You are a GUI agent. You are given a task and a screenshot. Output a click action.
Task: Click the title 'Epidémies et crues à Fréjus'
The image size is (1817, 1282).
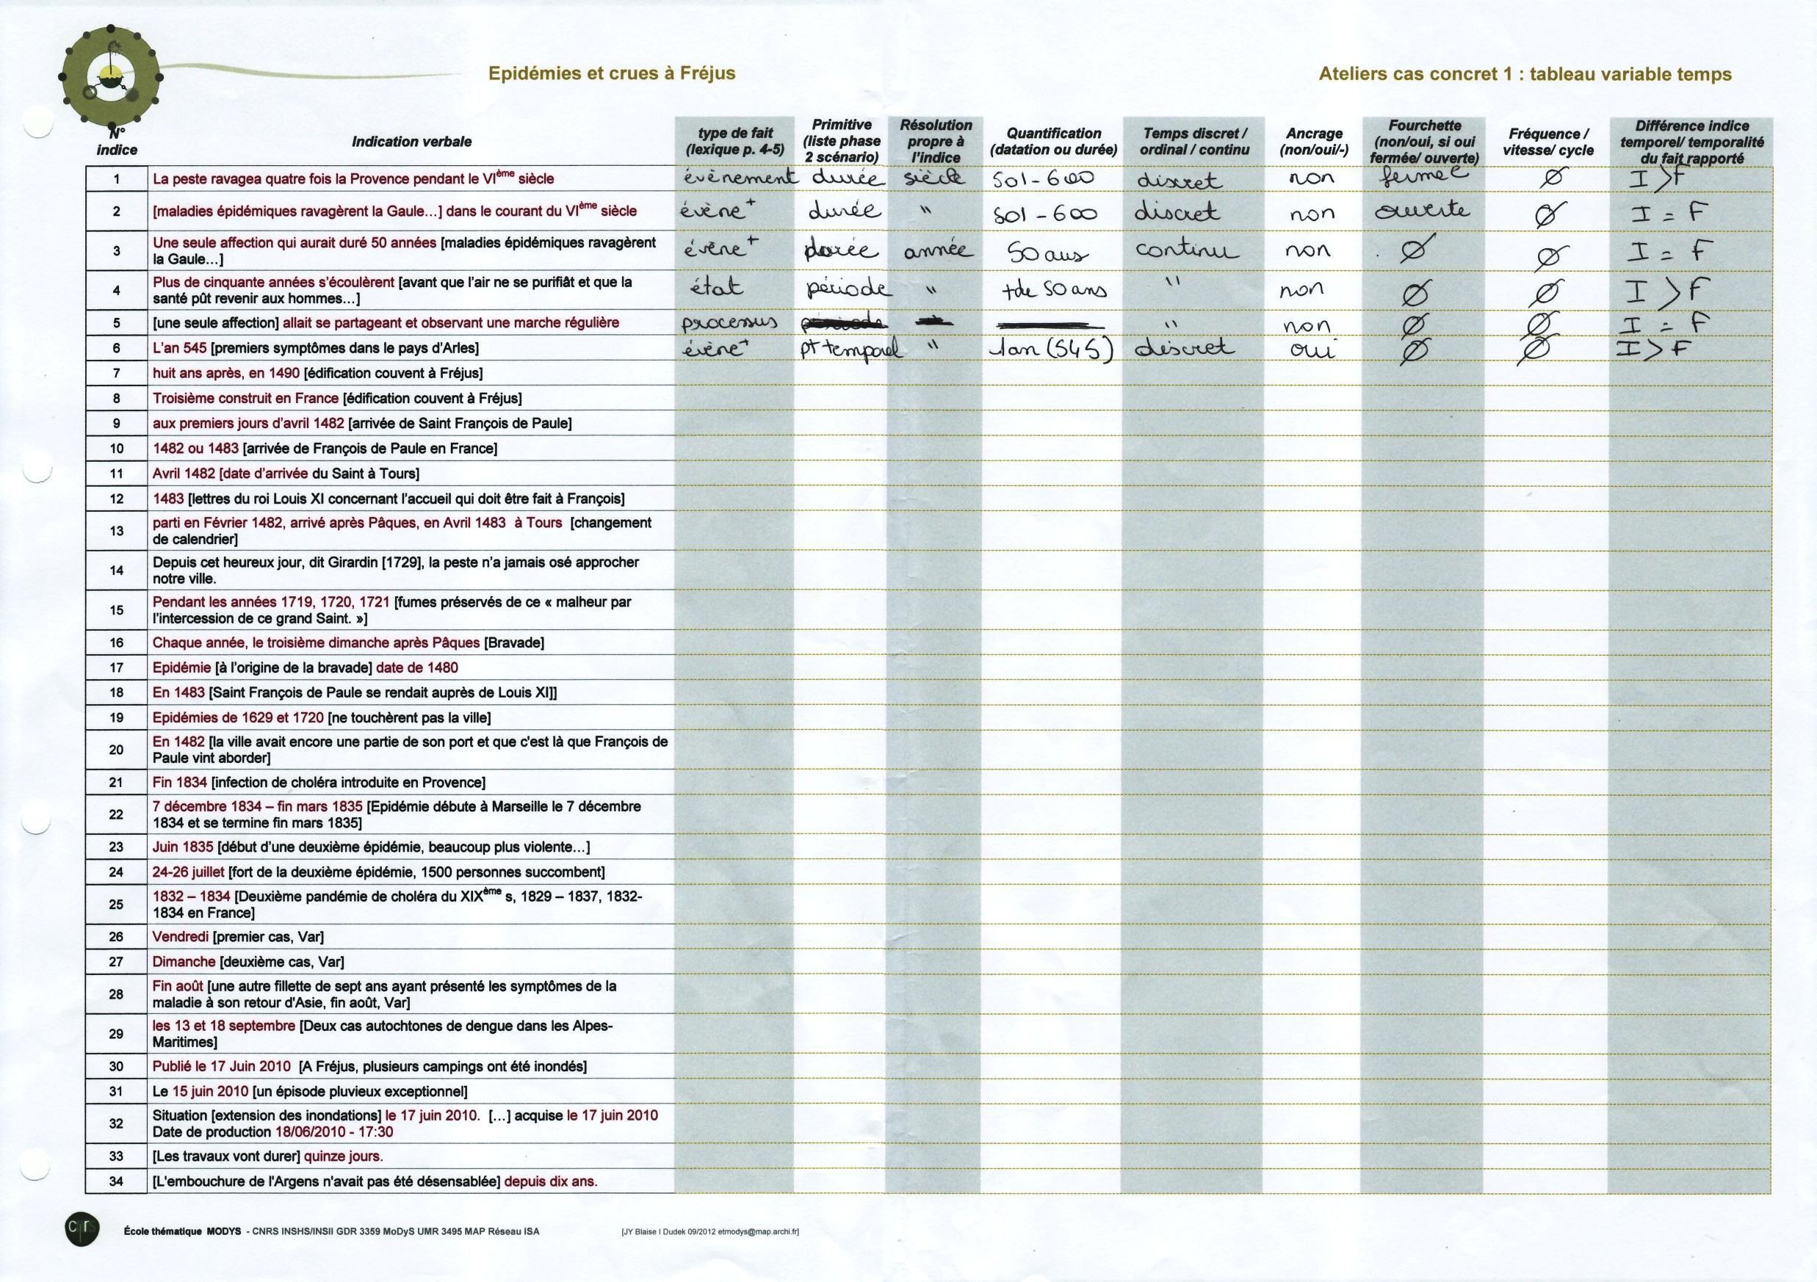[611, 73]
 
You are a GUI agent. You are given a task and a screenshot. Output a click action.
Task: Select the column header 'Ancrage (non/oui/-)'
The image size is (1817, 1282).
[1314, 142]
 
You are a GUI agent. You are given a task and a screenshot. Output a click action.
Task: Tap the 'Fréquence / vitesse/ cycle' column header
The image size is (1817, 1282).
[1548, 142]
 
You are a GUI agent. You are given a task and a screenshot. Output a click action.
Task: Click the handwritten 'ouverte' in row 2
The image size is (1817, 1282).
[1422, 211]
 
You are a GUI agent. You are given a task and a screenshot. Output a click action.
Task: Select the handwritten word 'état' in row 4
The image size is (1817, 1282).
[716, 286]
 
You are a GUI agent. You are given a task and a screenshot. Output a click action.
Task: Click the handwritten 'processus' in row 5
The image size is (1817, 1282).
[729, 322]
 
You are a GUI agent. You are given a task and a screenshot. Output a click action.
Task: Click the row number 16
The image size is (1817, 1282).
[116, 642]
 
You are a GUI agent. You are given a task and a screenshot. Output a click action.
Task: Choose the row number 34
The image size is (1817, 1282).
[116, 1181]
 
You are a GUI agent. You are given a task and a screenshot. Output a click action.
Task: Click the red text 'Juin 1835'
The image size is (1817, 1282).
[183, 847]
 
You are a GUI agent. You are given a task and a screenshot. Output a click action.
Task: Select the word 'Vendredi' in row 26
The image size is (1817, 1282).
[181, 937]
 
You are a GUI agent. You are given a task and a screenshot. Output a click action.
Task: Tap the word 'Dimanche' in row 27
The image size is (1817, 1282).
[184, 963]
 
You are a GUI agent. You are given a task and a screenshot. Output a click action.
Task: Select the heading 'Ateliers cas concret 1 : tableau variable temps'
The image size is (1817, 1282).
[1525, 74]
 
